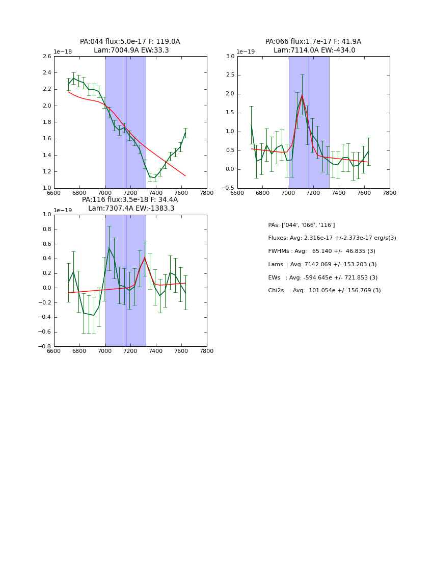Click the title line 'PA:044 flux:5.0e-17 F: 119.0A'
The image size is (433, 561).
pos(130,42)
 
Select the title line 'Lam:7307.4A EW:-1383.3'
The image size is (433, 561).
pos(131,209)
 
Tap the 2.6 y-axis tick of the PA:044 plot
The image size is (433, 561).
pos(46,57)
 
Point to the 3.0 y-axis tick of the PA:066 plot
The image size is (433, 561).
pos(230,57)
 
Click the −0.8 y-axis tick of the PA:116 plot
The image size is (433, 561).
pos(45,346)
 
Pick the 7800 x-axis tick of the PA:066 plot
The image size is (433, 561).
pos(390,193)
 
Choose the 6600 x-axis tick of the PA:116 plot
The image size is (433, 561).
pos(54,351)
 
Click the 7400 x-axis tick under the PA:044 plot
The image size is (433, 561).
pos(156,193)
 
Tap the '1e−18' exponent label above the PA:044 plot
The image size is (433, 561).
pos(63,52)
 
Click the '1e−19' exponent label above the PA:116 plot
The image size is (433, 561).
pos(63,210)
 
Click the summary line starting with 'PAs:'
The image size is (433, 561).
pos(301,225)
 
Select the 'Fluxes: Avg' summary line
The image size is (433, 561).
pos(332,238)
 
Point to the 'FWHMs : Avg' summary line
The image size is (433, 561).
pos(321,251)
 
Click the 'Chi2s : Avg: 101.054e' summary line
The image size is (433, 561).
pos(324,291)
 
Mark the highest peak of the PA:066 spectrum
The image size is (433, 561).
pos(302,95)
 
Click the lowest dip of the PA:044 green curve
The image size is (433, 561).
pos(155,177)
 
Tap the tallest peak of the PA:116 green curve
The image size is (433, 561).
pos(109,248)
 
